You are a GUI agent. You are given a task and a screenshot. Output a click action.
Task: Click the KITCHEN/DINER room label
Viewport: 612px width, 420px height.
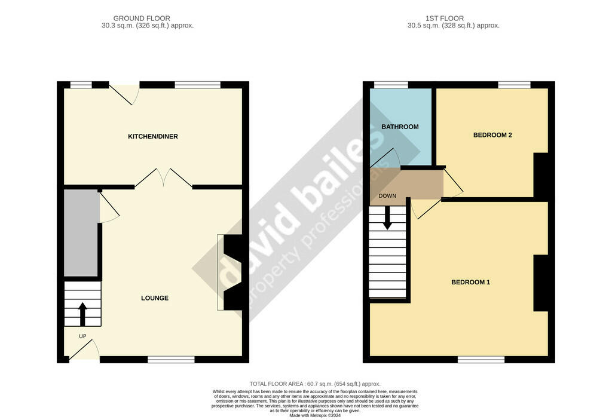153,136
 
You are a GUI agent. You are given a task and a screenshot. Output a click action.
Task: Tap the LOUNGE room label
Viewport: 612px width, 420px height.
155,298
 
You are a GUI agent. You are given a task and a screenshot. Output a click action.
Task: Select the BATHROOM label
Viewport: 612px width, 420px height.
400,127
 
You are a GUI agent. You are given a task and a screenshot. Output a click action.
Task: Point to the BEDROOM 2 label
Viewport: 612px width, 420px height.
492,135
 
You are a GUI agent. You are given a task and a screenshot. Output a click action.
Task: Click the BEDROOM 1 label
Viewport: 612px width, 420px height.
471,282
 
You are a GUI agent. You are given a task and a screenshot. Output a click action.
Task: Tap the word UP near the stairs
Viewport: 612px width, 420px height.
82,336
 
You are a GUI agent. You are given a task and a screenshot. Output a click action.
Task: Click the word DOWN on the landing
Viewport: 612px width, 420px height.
387,196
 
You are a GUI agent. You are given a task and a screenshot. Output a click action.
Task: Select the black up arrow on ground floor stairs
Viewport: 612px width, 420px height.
82,314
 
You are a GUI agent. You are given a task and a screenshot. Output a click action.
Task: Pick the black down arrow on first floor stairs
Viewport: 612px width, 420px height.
387,218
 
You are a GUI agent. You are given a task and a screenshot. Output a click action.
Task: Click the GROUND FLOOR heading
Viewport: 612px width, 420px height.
142,19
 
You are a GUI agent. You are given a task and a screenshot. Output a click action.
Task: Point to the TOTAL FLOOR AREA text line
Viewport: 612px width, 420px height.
315,384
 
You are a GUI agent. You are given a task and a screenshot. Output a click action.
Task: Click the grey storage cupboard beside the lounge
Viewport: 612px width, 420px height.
81,233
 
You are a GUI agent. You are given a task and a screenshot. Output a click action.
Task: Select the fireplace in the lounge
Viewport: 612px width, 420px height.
230,272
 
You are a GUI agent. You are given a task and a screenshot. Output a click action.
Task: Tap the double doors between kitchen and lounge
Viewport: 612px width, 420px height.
164,178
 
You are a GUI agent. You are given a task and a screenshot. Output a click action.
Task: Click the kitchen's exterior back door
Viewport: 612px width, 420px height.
124,94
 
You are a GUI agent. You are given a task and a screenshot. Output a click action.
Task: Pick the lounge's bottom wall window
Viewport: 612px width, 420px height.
172,360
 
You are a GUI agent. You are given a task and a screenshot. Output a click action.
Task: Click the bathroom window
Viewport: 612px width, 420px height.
391,85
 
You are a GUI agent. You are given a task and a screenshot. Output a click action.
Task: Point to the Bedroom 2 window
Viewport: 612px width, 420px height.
515,85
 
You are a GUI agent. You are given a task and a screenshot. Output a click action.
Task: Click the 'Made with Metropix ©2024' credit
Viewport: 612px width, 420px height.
315,416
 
